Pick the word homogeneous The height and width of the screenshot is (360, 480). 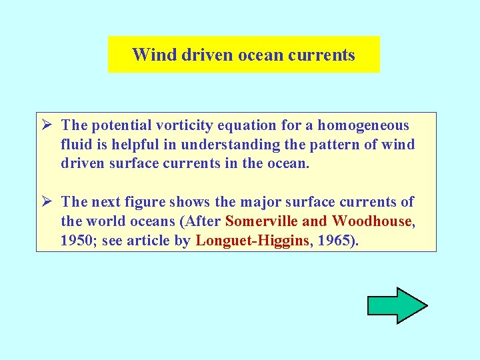[x=363, y=125]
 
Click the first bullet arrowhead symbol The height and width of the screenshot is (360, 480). [x=47, y=125]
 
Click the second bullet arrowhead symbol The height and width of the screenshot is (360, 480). [x=47, y=202]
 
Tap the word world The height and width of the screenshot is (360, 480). [x=107, y=221]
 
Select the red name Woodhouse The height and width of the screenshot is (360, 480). [x=372, y=221]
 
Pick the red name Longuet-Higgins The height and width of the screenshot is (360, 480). [x=253, y=241]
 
